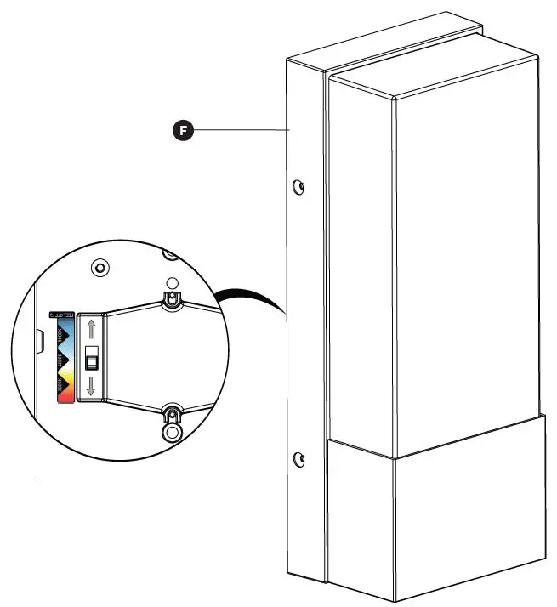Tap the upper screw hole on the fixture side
[298, 186]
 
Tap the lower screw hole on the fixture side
[298, 460]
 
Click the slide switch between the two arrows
[91, 360]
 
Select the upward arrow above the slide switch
[91, 329]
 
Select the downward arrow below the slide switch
[91, 388]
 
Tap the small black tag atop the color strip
[63, 315]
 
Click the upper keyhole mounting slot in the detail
[171, 298]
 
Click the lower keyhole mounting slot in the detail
[172, 416]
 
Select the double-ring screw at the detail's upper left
[100, 268]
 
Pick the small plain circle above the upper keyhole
[171, 282]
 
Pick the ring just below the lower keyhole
[172, 431]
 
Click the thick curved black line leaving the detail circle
[251, 295]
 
